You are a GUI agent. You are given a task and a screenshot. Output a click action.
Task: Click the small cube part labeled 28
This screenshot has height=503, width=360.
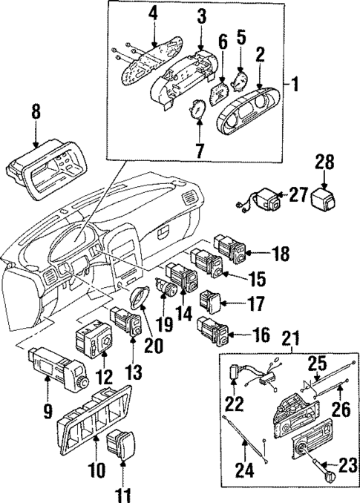(324, 197)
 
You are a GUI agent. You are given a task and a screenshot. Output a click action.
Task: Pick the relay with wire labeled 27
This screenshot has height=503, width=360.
(266, 200)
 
